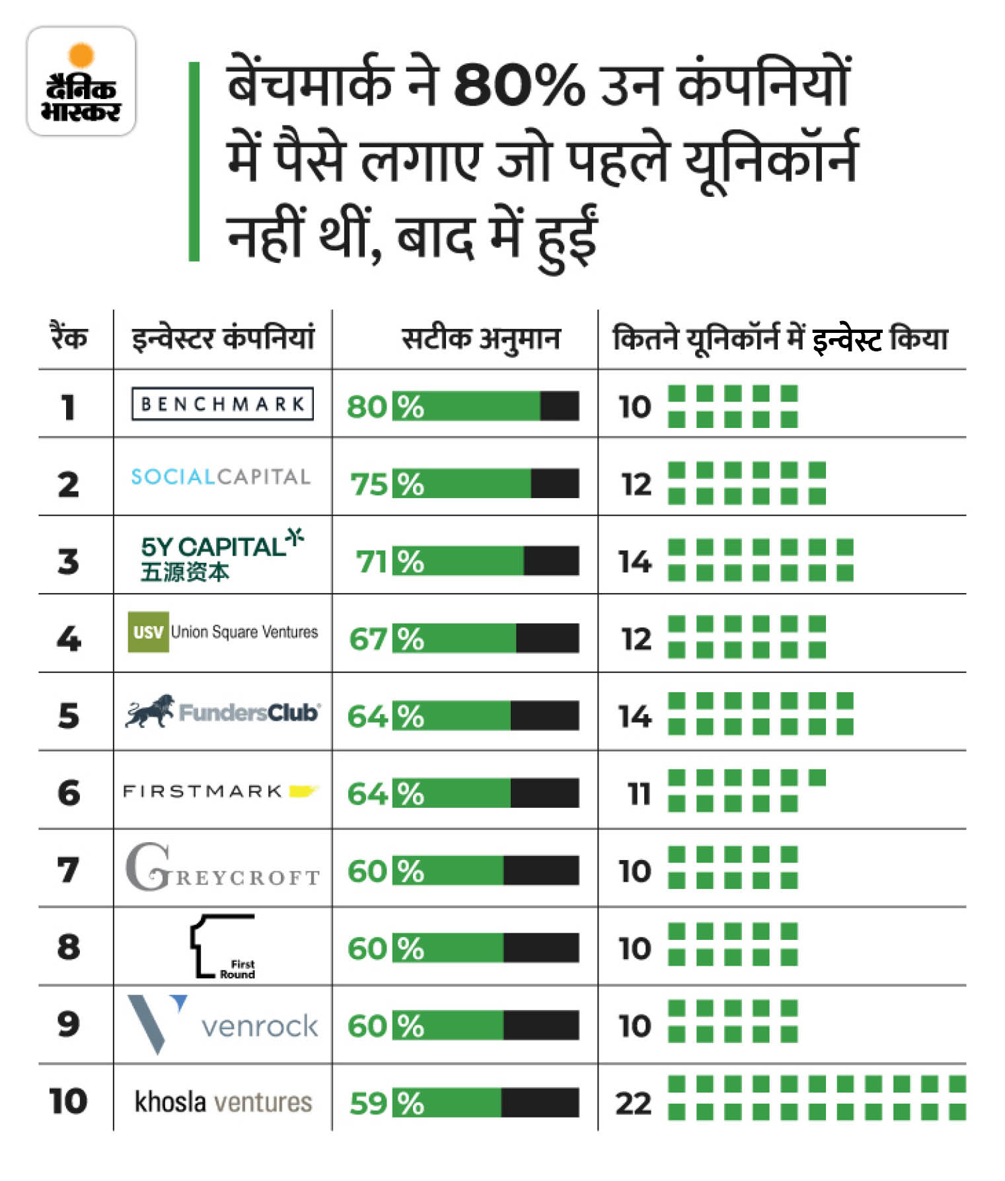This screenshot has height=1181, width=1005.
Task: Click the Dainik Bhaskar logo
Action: [x=81, y=82]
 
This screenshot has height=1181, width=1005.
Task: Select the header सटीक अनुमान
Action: [x=480, y=339]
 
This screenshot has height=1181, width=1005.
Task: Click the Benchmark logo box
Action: [x=222, y=404]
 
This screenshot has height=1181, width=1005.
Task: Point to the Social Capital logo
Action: [x=221, y=476]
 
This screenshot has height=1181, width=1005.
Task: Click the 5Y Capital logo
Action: [x=221, y=555]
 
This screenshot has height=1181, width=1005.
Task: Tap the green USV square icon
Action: [x=148, y=632]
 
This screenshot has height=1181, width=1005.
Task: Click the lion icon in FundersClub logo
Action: [x=149, y=711]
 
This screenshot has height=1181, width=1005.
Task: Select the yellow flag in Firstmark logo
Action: [x=303, y=791]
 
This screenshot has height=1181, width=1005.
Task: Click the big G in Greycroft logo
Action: [x=147, y=867]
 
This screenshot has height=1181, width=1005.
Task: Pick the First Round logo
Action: [x=222, y=947]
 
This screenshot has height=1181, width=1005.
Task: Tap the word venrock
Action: [x=260, y=1026]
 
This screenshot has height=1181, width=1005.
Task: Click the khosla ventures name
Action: [x=223, y=1102]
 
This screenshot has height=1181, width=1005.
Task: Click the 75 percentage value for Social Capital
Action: [x=369, y=484]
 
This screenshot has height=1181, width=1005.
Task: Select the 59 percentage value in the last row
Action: [x=368, y=1104]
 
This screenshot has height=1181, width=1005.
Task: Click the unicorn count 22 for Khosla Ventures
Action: [x=633, y=1104]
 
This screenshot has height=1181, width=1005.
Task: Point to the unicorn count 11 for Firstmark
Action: [x=638, y=793]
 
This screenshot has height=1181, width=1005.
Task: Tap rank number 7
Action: [x=68, y=870]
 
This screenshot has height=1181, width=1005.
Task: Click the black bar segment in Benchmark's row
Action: [x=559, y=406]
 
